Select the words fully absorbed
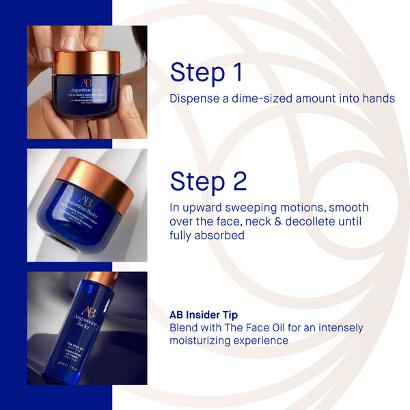tap(207, 236)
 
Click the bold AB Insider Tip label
tap(204, 316)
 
